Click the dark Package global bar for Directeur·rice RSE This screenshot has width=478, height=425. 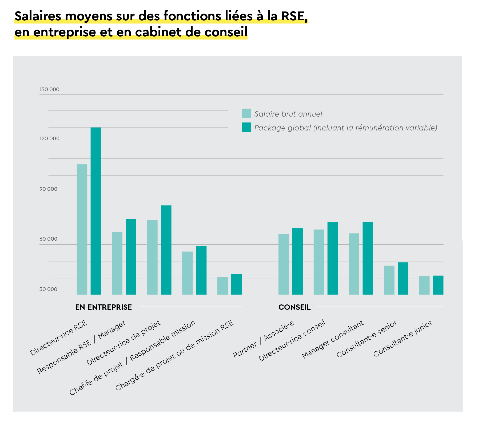coord(96,211)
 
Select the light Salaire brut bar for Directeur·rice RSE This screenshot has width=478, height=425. coord(82,229)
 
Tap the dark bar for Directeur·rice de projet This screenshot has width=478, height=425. coord(166,250)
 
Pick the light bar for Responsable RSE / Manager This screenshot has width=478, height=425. coord(117,263)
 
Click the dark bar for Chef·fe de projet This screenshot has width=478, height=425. coord(201,270)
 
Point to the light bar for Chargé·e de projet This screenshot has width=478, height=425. coord(222,286)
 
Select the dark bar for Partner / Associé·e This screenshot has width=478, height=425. coord(297,261)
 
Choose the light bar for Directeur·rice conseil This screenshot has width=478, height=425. coord(319,262)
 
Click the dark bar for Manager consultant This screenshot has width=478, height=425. coord(368,258)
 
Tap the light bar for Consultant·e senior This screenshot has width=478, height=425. coord(389,280)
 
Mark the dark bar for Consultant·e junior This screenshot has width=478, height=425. coord(438,285)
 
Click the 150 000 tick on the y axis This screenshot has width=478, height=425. coord(49,90)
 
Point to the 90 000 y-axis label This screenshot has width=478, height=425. coord(48,189)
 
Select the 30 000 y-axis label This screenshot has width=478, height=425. coord(48,289)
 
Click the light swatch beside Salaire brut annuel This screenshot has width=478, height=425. coord(246,113)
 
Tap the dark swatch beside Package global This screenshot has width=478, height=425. coord(246,127)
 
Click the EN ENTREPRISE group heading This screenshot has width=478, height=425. coord(103,307)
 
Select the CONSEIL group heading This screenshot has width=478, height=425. coord(294,307)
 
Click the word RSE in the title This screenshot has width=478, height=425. coord(294,16)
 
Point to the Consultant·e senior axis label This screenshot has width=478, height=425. coord(367,339)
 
